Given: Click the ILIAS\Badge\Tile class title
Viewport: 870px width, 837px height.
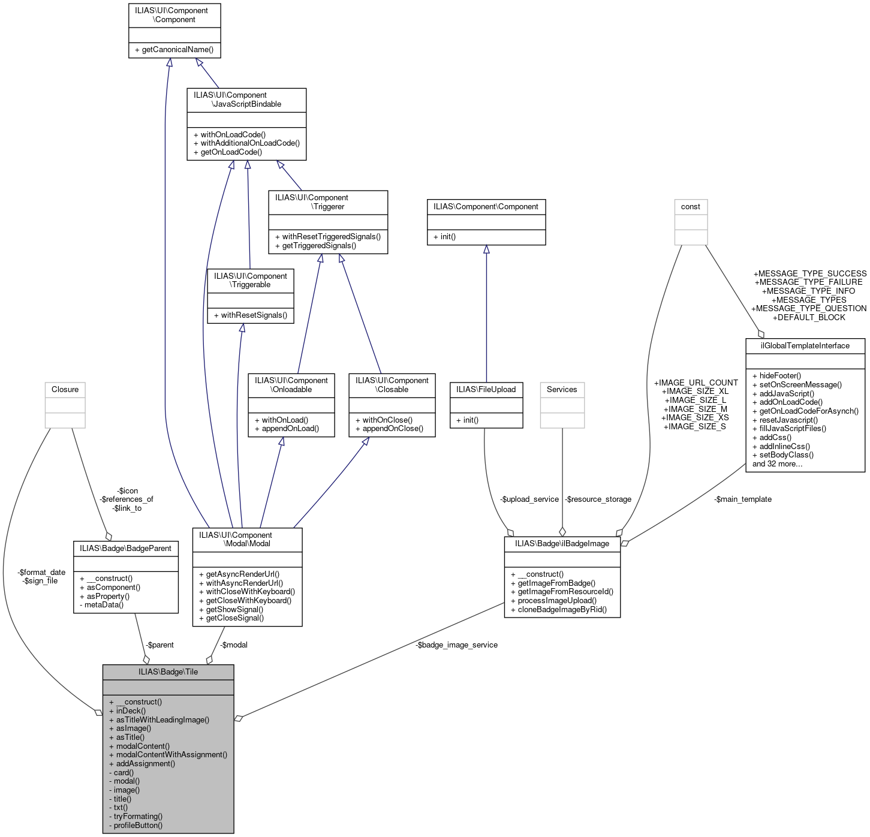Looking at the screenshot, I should (168, 672).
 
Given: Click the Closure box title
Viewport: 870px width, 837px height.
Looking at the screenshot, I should (65, 389).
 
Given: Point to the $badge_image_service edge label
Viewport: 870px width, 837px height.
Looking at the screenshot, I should (456, 645).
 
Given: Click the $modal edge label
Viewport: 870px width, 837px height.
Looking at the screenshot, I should (234, 645).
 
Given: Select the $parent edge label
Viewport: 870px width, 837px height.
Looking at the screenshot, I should (159, 645).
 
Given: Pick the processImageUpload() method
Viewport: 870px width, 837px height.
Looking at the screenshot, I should (557, 600).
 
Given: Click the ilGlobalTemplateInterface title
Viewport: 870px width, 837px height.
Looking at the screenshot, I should (805, 345).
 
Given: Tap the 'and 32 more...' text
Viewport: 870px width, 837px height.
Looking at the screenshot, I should (777, 463).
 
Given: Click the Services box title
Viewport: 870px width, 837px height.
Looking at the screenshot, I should (562, 389).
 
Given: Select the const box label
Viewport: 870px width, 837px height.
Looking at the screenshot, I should (691, 206).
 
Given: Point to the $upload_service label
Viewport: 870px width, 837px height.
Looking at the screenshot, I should (529, 499).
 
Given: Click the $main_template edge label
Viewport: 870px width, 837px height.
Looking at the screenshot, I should (743, 499).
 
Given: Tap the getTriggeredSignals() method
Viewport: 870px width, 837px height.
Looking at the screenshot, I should (319, 245).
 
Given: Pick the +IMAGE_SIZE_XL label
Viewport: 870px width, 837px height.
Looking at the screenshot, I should (696, 391).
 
